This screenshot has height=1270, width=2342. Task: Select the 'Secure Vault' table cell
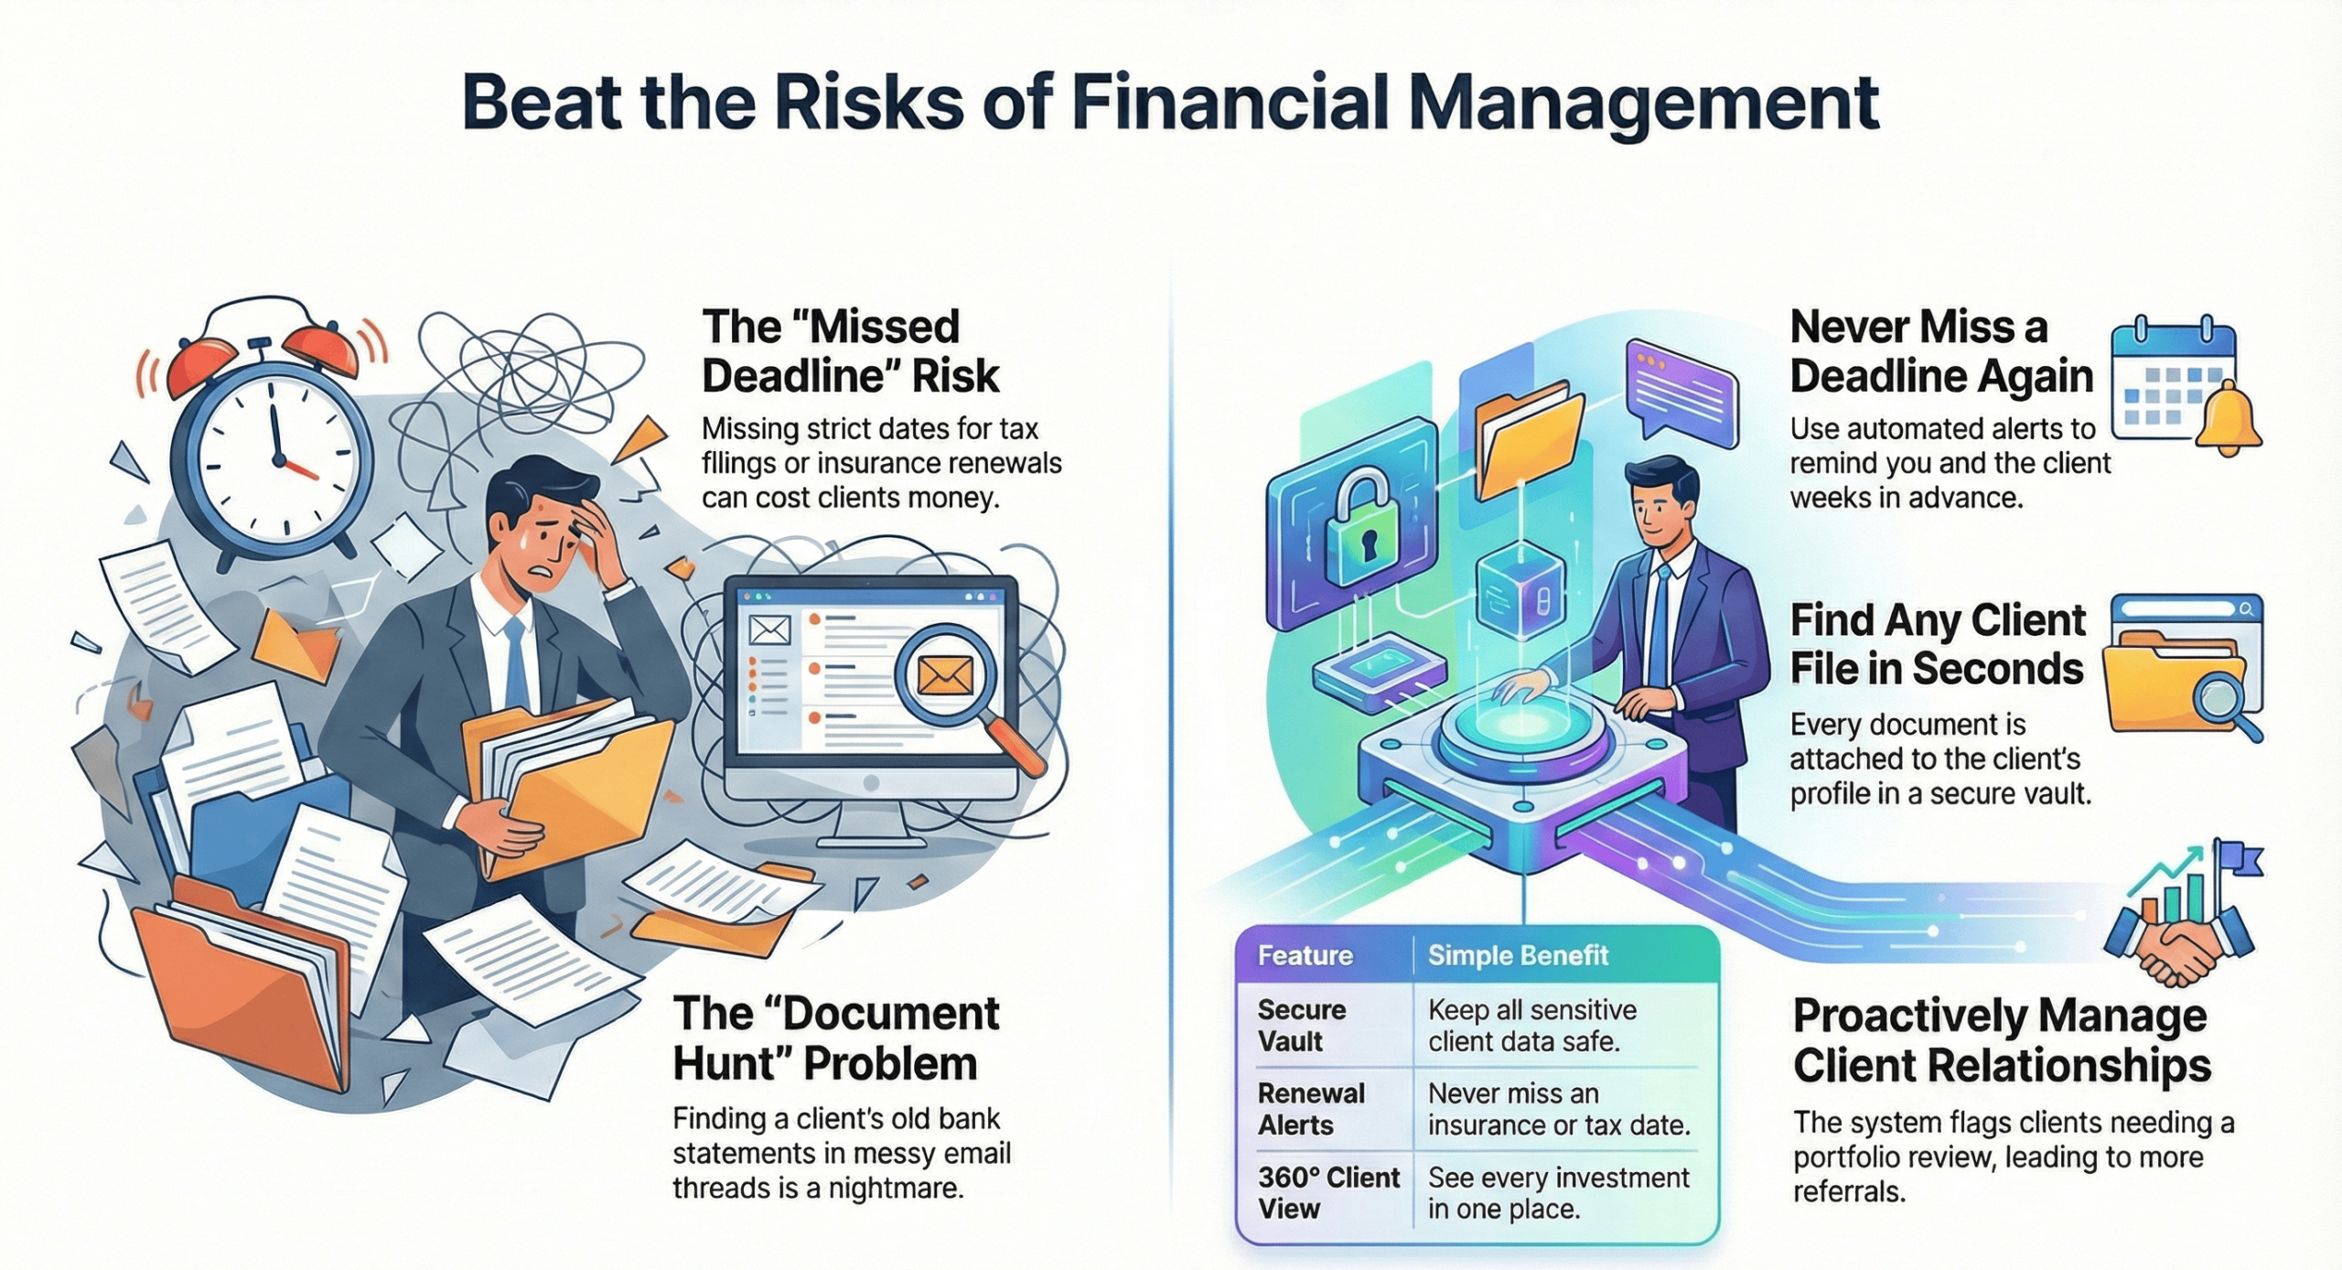pos(1301,1025)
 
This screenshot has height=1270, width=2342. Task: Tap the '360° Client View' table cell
pos(1327,1192)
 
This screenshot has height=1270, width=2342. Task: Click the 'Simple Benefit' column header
pos(1518,956)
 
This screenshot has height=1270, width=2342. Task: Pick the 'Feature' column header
pos(1305,956)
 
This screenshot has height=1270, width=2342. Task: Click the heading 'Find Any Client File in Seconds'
pos(1937,644)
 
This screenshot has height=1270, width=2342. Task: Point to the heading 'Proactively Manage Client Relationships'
pos(2001,1040)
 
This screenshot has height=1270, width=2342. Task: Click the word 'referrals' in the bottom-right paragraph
pos(1848,1192)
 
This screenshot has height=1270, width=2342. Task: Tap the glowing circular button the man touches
pos(1523,731)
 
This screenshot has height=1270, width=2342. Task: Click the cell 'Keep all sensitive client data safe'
pos(1532,1025)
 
